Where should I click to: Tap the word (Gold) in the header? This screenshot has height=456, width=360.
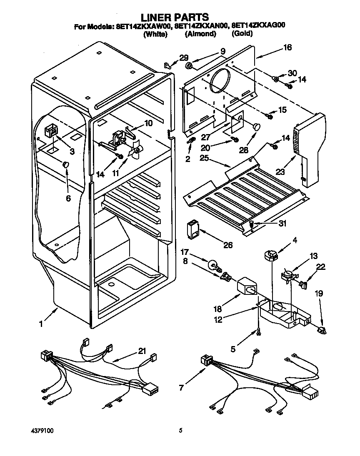point(242,34)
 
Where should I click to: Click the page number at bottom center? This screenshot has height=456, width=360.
point(180,431)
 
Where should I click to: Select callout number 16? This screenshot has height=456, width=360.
point(287,47)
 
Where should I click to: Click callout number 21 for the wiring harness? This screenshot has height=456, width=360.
point(142,351)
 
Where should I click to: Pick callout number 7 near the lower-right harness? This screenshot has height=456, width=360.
point(181,388)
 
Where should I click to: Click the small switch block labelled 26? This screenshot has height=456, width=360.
point(192,230)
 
